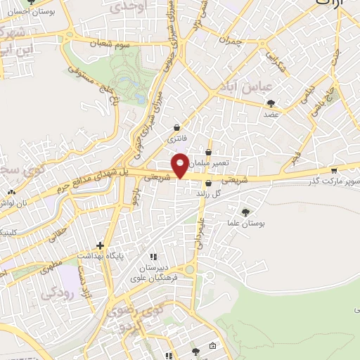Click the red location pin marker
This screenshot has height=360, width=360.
181,165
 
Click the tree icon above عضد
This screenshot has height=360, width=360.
271,103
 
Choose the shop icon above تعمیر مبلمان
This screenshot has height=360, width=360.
209,151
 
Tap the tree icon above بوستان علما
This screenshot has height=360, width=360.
245,212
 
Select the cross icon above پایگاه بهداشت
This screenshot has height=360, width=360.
101,246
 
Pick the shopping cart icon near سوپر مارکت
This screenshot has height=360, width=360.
333,170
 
